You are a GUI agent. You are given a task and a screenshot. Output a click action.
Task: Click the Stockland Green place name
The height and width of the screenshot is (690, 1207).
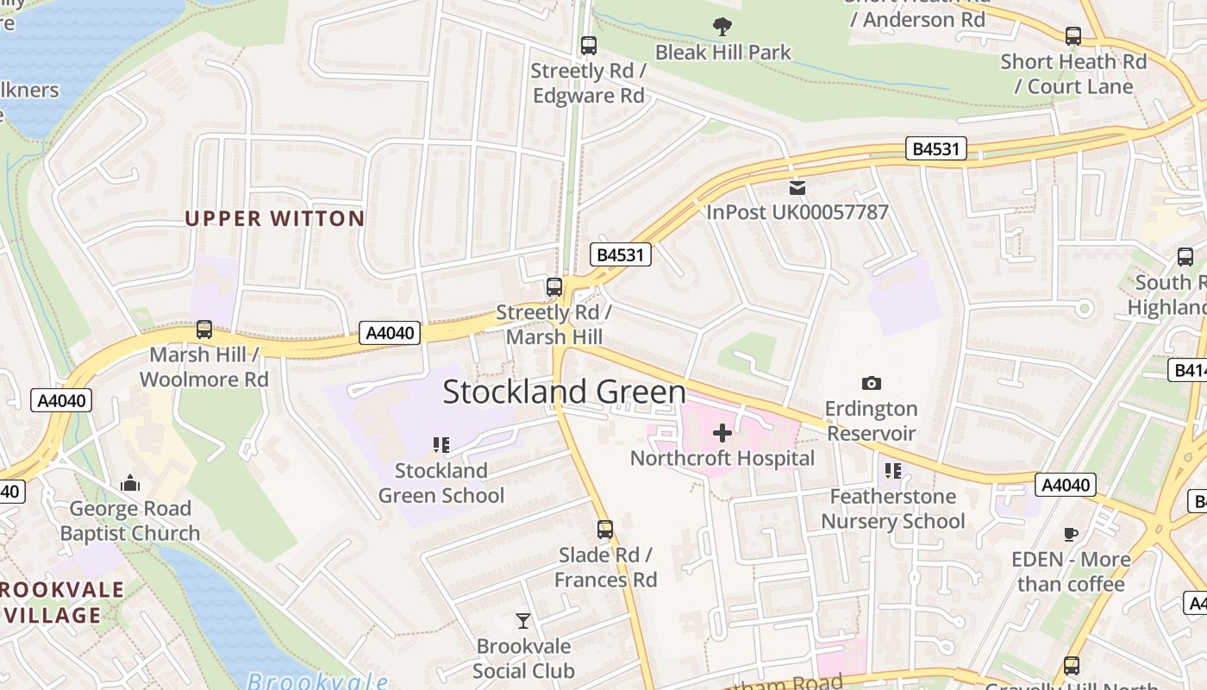pyautogui.click(x=564, y=392)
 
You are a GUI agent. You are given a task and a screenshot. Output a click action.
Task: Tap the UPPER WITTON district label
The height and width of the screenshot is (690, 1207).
pyautogui.click(x=275, y=218)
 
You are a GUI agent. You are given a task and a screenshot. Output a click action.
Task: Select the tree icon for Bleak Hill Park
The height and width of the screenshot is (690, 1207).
pyautogui.click(x=722, y=27)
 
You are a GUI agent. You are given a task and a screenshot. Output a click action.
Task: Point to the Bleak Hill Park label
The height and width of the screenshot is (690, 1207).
pyautogui.click(x=722, y=53)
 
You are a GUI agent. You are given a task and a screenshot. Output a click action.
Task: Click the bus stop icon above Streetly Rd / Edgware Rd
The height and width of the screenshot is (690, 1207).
pyautogui.click(x=589, y=45)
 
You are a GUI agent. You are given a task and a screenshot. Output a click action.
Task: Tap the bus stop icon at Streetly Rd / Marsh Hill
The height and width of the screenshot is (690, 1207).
pyautogui.click(x=554, y=286)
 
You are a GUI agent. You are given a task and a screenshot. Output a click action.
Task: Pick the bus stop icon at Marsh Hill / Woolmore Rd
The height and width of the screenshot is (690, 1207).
pyautogui.click(x=204, y=329)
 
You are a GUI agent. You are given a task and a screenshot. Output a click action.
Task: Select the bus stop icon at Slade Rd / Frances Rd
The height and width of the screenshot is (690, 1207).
pyautogui.click(x=605, y=529)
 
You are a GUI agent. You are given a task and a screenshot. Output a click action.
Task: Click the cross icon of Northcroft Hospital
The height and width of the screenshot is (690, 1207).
pyautogui.click(x=722, y=432)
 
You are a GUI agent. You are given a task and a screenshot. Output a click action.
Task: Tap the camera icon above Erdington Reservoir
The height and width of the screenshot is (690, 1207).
pyautogui.click(x=871, y=383)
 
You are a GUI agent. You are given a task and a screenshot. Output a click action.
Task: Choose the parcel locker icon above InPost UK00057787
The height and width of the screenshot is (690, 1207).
pyautogui.click(x=797, y=186)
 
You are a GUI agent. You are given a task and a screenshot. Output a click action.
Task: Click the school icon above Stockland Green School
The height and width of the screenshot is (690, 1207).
pyautogui.click(x=441, y=445)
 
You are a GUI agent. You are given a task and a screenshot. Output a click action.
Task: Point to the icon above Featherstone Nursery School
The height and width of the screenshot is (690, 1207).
pyautogui.click(x=892, y=471)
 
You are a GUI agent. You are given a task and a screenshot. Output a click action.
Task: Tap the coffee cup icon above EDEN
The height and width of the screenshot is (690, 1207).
pyautogui.click(x=1071, y=534)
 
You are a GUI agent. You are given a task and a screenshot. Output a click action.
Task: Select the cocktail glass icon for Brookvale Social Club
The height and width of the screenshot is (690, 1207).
pyautogui.click(x=523, y=620)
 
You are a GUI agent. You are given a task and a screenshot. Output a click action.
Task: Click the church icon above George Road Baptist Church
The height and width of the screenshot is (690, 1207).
pyautogui.click(x=130, y=483)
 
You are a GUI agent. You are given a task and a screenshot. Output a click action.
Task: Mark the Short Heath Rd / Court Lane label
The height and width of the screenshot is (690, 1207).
pyautogui.click(x=1073, y=74)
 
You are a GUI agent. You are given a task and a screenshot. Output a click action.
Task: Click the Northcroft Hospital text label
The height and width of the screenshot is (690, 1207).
pyautogui.click(x=722, y=458)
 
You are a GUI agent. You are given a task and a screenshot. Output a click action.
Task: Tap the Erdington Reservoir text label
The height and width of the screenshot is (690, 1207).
pyautogui.click(x=871, y=420)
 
